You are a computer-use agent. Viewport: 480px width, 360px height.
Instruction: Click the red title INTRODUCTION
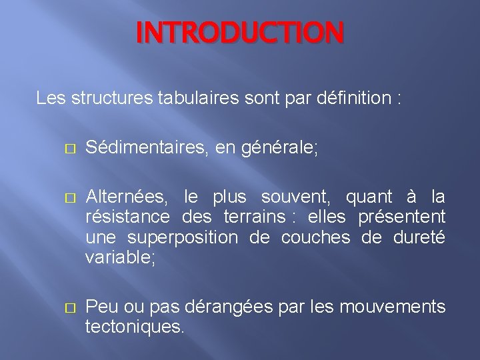coord(240,33)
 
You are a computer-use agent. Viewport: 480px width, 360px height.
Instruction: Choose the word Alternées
coord(126,197)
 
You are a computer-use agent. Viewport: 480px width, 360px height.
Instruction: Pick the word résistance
coord(127,217)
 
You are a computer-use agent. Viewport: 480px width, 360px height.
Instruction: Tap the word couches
coord(315,237)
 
